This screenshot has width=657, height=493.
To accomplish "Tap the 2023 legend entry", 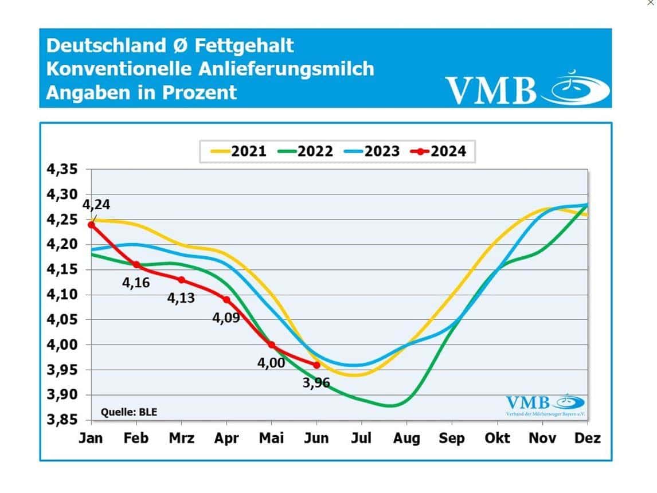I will pos(372,151).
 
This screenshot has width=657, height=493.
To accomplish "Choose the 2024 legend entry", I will pos(439,151).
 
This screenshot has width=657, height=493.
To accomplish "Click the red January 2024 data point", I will pos(91,225).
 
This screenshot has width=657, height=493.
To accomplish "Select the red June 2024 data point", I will pos(316,365).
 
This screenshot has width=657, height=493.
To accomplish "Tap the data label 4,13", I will pos(182,298).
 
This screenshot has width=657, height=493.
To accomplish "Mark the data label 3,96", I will pos(316,382).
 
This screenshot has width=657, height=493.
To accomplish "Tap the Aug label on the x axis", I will pos(406,439).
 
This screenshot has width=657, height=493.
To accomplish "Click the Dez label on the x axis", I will pos(588,439).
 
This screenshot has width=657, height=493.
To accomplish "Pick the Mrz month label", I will pos(181,439).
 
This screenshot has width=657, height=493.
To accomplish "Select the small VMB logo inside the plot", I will pos(545,404).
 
